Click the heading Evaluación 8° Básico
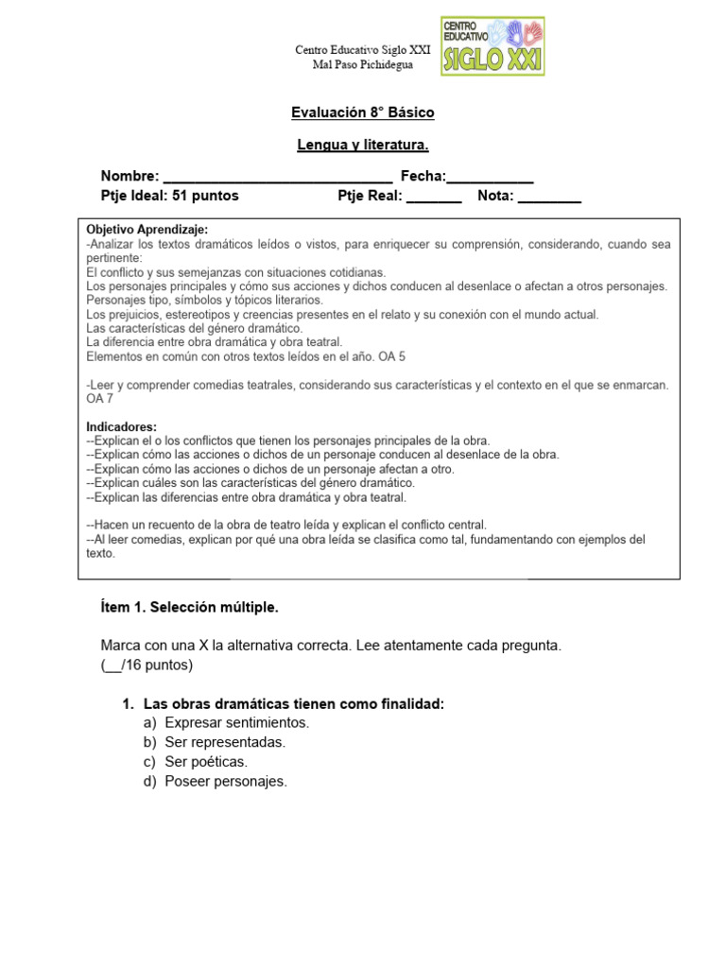click(363, 112)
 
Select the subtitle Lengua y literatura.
click(363, 145)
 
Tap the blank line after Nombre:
click(278, 177)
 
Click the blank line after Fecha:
click(491, 177)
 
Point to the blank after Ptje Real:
click(434, 197)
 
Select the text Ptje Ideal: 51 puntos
click(170, 197)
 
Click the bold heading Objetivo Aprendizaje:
click(147, 230)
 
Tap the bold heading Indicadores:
click(122, 426)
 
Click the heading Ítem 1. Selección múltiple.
click(190, 606)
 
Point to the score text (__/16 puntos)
click(147, 665)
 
